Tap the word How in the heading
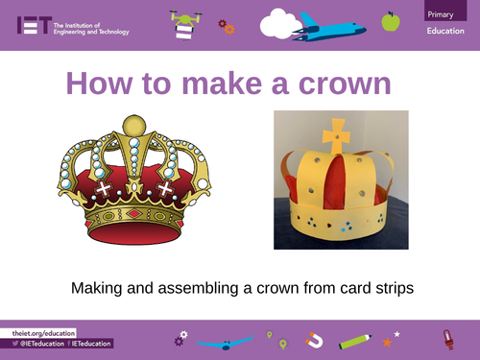point(101,84)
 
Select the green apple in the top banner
point(390,21)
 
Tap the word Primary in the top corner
point(444,13)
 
